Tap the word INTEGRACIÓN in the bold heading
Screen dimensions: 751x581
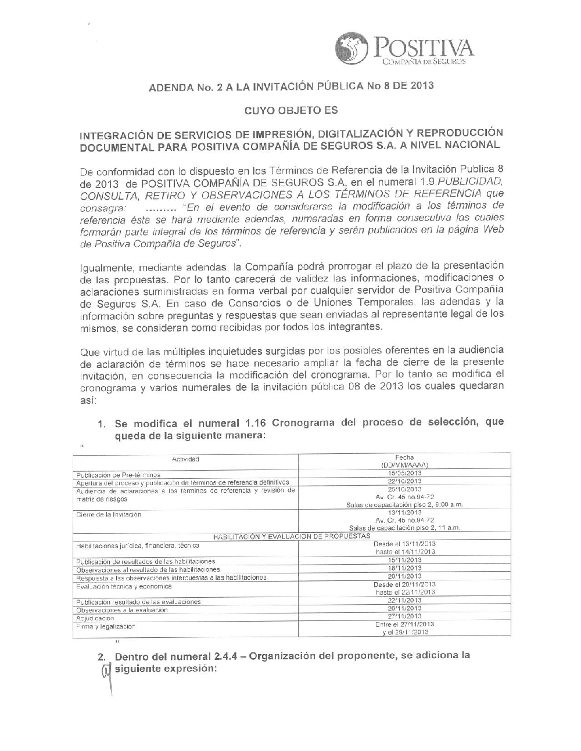(x=113, y=135)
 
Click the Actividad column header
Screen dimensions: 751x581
(x=185, y=459)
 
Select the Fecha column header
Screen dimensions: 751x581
(x=404, y=457)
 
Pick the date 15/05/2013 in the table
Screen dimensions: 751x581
(x=404, y=473)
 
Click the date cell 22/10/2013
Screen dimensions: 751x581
(x=404, y=481)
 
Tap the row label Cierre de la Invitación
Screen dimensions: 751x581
(x=109, y=514)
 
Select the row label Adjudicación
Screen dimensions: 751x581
(x=95, y=618)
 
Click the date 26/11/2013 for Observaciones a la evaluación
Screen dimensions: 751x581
(x=404, y=608)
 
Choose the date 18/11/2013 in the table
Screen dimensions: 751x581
(x=404, y=568)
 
